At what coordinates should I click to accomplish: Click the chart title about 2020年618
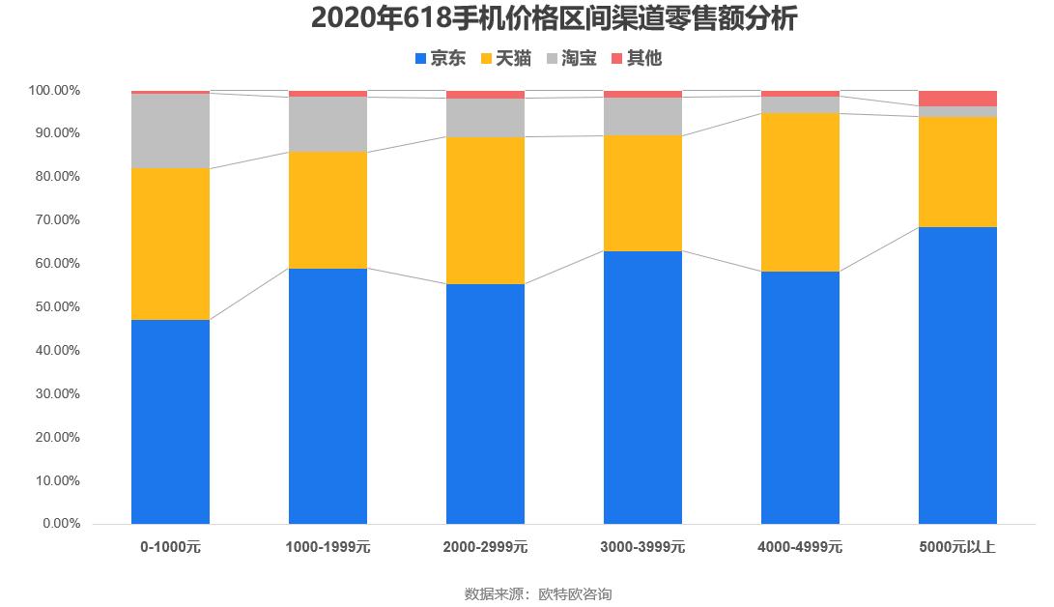553,18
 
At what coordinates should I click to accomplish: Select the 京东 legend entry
440,59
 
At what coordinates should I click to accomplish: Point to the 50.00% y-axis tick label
55,307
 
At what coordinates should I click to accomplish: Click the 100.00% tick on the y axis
53,90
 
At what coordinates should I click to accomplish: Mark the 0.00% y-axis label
59,524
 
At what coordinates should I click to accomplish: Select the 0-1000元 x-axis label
170,547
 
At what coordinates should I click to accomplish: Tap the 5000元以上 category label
957,547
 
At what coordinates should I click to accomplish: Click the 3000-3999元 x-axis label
642,547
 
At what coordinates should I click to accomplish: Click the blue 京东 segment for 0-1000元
170,421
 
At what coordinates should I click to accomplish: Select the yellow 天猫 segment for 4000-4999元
800,192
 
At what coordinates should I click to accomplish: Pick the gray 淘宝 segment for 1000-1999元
328,125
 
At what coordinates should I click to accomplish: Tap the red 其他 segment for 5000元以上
957,99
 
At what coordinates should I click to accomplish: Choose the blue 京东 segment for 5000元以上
957,375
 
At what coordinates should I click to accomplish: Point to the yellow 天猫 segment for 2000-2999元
485,211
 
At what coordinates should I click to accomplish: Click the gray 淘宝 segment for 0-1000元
170,131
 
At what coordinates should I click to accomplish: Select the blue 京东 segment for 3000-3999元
642,388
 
